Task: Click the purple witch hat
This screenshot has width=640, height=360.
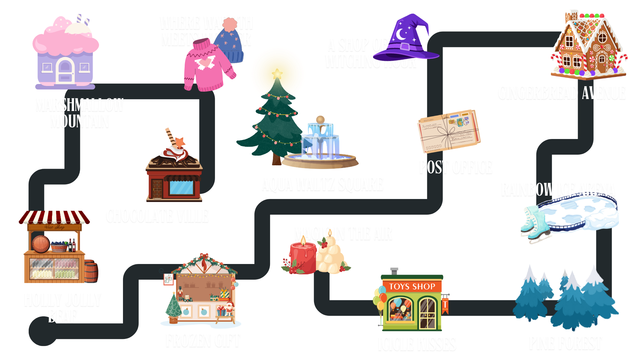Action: tap(410, 38)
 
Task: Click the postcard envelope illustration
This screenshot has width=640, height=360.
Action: tap(449, 131)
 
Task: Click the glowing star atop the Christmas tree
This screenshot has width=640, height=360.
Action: tap(277, 73)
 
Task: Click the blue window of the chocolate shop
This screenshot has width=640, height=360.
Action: tap(181, 188)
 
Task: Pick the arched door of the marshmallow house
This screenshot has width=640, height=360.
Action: tap(65, 70)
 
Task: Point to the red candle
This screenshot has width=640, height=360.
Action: tap(303, 257)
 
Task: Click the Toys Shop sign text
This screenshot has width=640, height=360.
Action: tap(412, 287)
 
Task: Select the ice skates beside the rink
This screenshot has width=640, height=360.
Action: tap(534, 223)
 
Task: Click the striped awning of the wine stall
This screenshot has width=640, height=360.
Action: tap(54, 217)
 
